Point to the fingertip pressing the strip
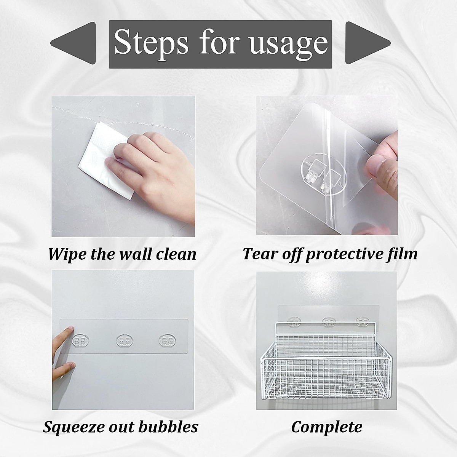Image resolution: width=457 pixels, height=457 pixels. click(68, 330)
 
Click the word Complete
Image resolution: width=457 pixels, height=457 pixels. click(326, 427)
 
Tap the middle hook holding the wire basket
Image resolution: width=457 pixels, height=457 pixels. click(328, 323)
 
